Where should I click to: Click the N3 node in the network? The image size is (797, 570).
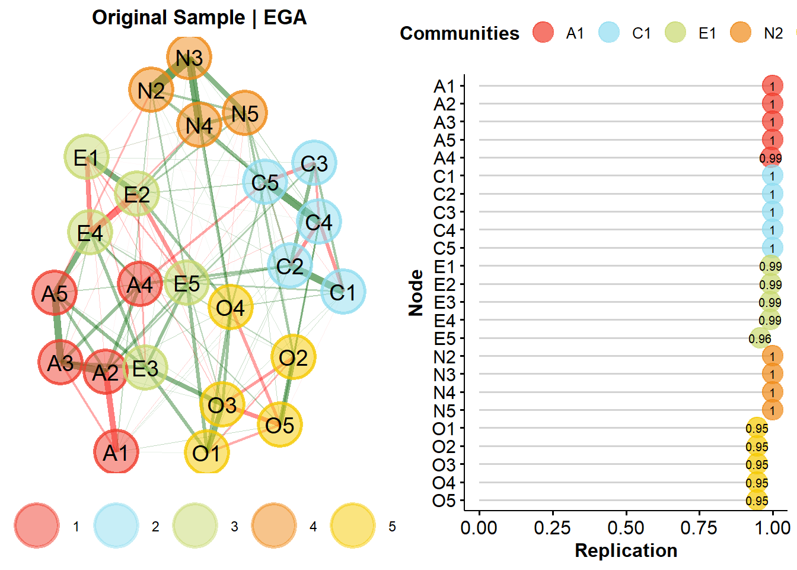(189, 58)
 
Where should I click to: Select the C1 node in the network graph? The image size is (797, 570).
(343, 292)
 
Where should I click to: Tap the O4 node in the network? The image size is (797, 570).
(231, 308)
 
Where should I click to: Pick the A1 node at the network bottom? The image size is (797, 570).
(116, 452)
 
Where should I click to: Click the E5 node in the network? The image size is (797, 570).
(187, 283)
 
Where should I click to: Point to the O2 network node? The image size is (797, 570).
(293, 357)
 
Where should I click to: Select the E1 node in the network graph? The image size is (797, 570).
(87, 157)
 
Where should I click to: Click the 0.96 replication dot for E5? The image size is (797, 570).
(760, 338)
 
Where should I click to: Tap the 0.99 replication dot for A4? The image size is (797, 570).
(770, 158)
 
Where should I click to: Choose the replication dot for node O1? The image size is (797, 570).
(757, 428)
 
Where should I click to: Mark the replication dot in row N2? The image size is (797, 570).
(772, 356)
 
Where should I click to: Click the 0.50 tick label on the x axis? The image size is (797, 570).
(626, 528)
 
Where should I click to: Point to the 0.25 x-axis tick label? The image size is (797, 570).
(552, 528)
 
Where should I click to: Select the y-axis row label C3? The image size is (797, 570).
(444, 212)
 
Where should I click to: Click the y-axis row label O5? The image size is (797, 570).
(444, 501)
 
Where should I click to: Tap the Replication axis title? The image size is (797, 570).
(626, 550)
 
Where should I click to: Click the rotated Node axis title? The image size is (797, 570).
(416, 293)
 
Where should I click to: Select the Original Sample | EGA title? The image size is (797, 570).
(199, 18)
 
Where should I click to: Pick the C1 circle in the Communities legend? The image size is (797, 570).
(609, 33)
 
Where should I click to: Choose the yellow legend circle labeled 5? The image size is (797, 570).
(353, 526)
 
